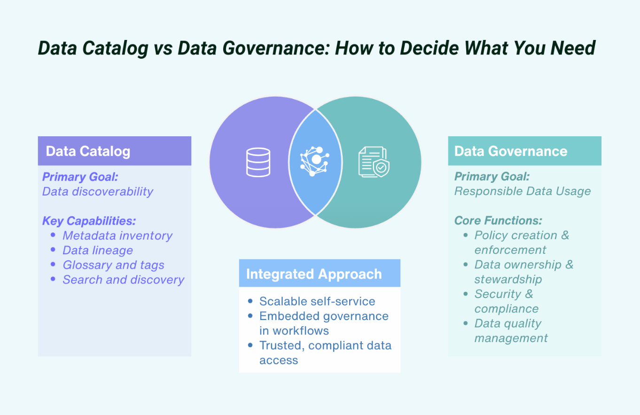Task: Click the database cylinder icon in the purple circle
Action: click(x=258, y=162)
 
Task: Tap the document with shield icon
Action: click(x=374, y=162)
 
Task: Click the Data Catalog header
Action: click(x=88, y=151)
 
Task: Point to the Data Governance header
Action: click(x=511, y=151)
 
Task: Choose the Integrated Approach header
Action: click(x=314, y=274)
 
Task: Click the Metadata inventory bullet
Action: click(x=117, y=235)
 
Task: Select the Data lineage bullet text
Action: click(x=98, y=250)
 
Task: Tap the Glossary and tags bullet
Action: click(x=113, y=265)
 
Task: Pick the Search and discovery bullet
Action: click(x=123, y=280)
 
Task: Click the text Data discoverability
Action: click(x=98, y=191)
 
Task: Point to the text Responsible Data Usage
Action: click(x=523, y=191)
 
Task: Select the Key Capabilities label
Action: click(x=89, y=221)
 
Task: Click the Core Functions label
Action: click(x=498, y=220)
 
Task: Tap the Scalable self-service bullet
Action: click(x=317, y=301)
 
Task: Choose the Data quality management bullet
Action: click(x=511, y=330)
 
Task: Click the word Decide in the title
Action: click(x=441, y=48)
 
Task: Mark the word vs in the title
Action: click(x=164, y=48)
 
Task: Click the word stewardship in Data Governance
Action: click(x=508, y=279)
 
